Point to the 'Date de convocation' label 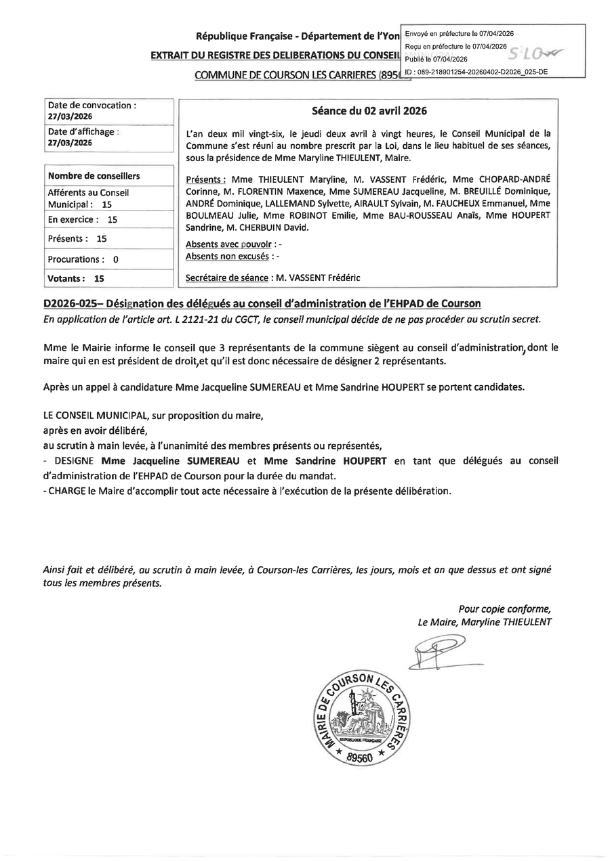[91, 106]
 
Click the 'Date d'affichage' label [82, 132]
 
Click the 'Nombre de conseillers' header [94, 176]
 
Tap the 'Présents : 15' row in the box [77, 239]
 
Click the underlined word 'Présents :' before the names [205, 180]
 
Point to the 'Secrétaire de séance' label [226, 278]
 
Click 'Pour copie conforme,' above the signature [505, 608]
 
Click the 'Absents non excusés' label [226, 257]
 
